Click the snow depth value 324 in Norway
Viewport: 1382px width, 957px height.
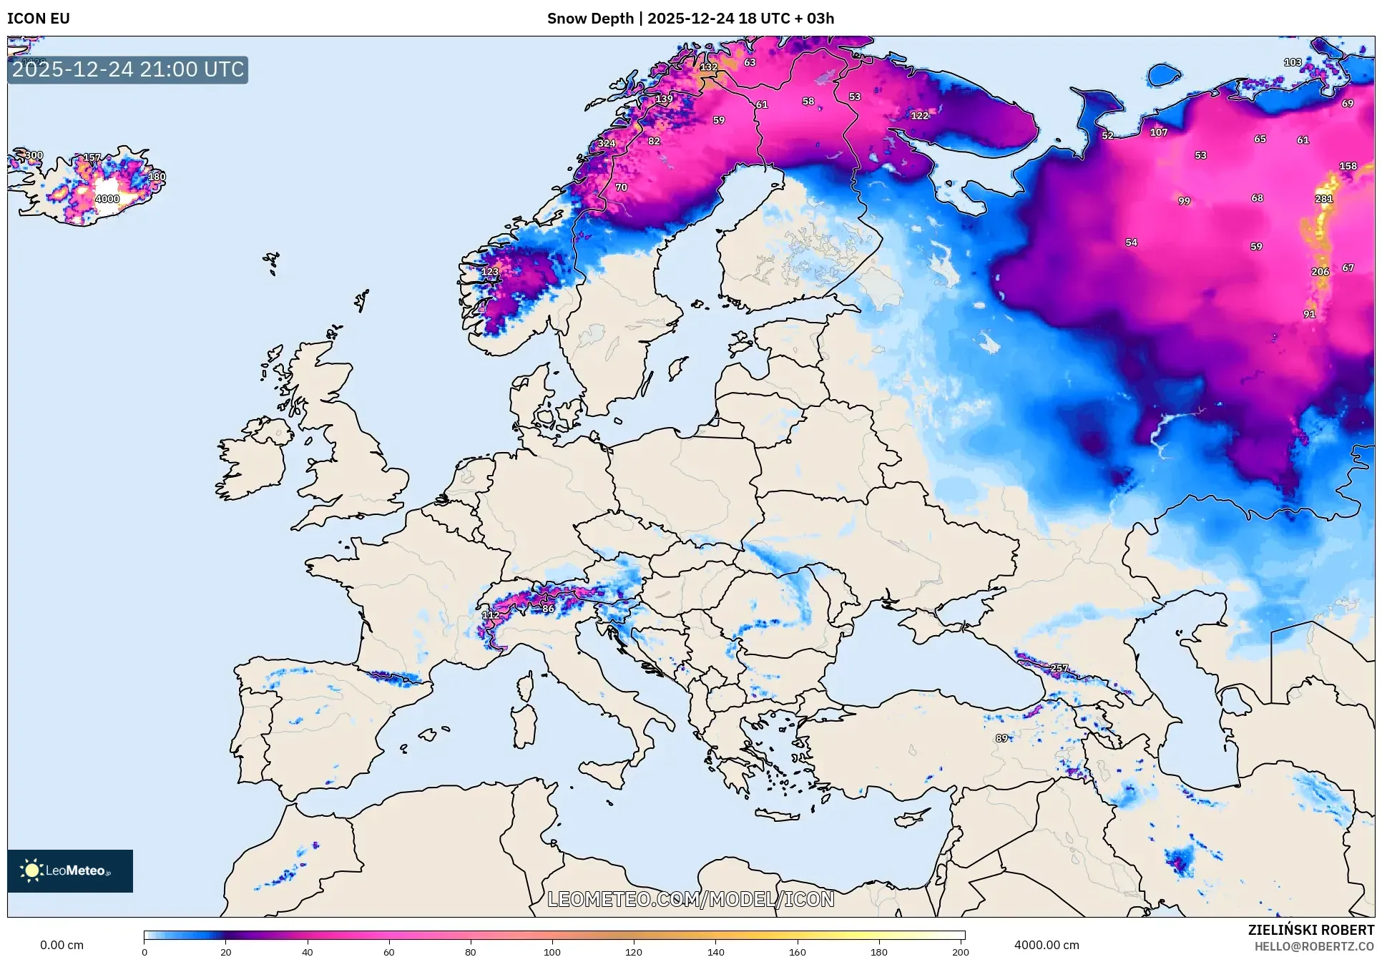(607, 143)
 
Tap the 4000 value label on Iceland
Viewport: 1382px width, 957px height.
(107, 199)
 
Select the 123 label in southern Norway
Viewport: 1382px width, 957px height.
(489, 272)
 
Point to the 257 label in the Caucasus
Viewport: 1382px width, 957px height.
(1059, 668)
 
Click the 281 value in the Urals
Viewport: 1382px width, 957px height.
(1323, 199)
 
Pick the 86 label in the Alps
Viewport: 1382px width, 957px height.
(548, 609)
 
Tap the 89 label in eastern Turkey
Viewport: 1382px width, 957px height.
(1001, 738)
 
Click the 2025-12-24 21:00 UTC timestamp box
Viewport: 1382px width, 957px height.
(128, 70)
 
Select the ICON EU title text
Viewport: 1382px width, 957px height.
(39, 19)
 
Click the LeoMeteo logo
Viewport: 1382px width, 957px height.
(70, 870)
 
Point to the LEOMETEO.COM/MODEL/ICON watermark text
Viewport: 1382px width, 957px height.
(691, 899)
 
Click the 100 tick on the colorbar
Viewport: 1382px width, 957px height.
(552, 951)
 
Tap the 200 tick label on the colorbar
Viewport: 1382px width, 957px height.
(960, 951)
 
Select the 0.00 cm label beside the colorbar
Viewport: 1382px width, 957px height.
(62, 945)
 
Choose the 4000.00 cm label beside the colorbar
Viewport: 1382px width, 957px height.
(1047, 945)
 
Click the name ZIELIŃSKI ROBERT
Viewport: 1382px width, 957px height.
(1310, 930)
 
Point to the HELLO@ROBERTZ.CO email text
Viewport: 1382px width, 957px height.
(1314, 946)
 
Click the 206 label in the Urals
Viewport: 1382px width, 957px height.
(1320, 272)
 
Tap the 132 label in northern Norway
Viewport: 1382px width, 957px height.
(708, 67)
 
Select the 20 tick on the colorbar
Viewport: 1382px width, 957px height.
(225, 951)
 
